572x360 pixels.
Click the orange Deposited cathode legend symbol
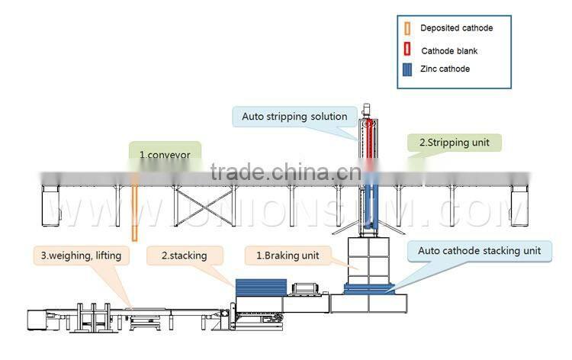click(407, 29)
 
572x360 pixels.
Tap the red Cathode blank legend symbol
click(407, 50)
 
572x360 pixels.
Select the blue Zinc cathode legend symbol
click(407, 69)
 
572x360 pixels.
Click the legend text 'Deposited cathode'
click(456, 28)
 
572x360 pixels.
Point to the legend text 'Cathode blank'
click(450, 50)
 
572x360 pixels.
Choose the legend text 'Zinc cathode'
click(445, 69)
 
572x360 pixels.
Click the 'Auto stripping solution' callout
click(294, 117)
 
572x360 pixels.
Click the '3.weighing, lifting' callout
click(81, 256)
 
